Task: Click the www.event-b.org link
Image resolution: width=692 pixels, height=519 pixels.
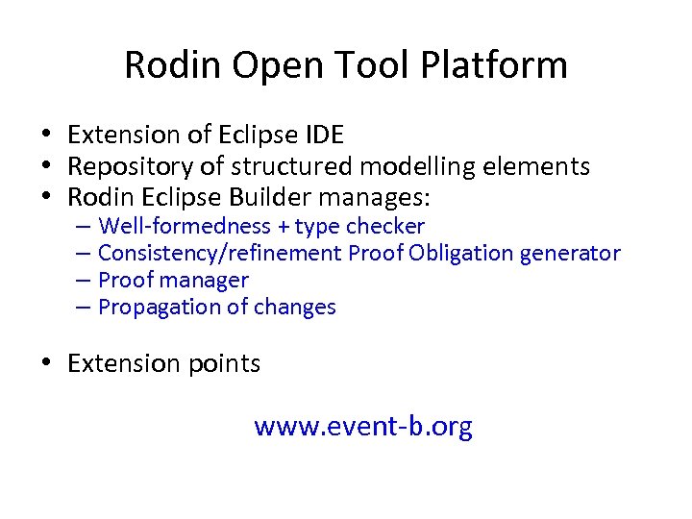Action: coord(363,426)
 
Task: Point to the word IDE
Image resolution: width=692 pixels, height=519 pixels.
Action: coord(323,135)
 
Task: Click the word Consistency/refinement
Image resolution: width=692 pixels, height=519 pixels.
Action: coord(220,254)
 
